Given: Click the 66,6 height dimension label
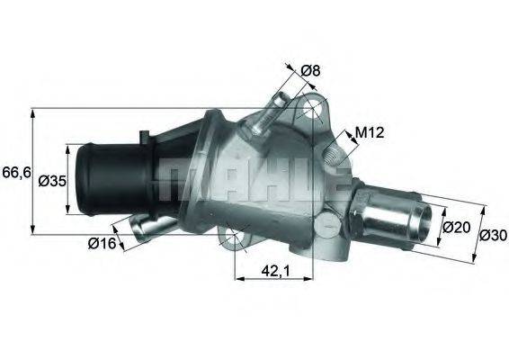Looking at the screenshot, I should click(14, 171).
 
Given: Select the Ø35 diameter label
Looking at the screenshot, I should click(51, 180).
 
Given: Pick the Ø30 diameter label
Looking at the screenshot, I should click(490, 236).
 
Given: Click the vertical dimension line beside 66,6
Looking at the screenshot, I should click(33, 171).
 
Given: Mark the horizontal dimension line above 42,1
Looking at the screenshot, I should click(272, 279).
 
